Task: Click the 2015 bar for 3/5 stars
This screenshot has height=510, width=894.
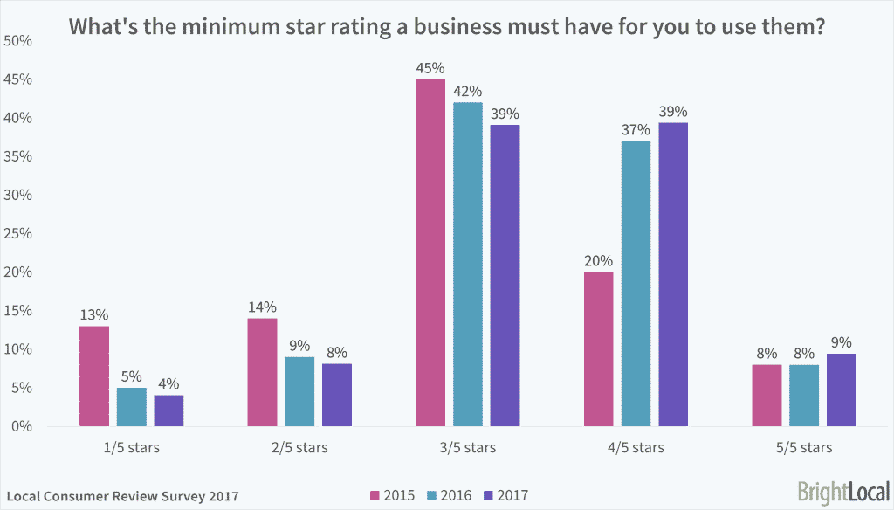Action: click(x=430, y=252)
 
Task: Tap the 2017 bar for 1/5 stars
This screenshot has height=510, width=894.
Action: click(x=168, y=410)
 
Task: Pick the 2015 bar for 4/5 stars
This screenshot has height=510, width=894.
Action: click(x=599, y=349)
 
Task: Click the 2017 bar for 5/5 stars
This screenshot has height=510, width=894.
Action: click(x=842, y=389)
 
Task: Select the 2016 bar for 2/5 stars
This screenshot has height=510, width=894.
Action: click(x=299, y=391)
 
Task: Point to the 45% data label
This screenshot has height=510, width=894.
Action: click(x=430, y=67)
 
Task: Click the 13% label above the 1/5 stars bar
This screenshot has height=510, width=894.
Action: click(x=94, y=314)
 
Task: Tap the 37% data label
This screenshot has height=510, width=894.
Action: click(x=636, y=129)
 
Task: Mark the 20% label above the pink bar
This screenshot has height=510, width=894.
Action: click(x=599, y=260)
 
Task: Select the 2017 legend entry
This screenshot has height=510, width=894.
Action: click(x=505, y=495)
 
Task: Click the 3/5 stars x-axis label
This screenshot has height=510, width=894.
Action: click(x=468, y=448)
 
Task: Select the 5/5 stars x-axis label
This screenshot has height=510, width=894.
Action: click(x=804, y=448)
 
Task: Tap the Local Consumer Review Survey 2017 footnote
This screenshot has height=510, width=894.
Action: click(x=122, y=496)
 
